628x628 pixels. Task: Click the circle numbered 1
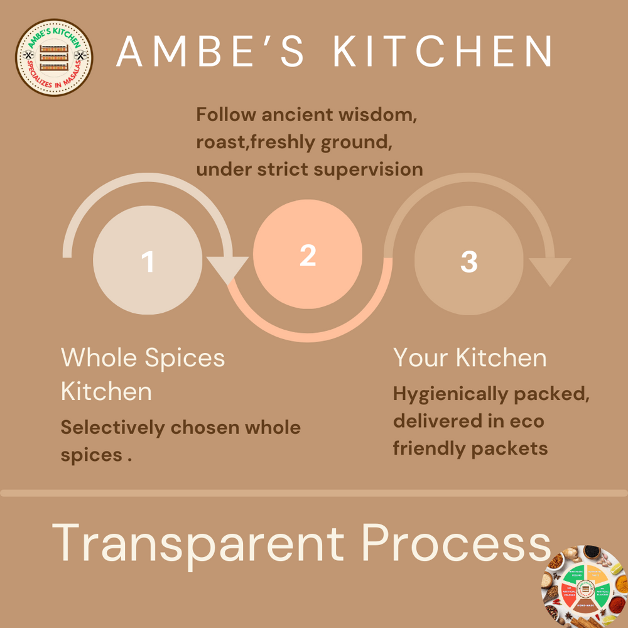point(148,260)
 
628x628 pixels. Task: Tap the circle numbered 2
point(307,255)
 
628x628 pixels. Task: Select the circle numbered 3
point(468,260)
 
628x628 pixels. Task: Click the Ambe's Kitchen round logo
point(54,57)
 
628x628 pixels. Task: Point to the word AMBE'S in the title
point(200,51)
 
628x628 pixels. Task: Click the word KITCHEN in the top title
point(443,51)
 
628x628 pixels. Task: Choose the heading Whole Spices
point(143,358)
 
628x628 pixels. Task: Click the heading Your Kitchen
point(470,358)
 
